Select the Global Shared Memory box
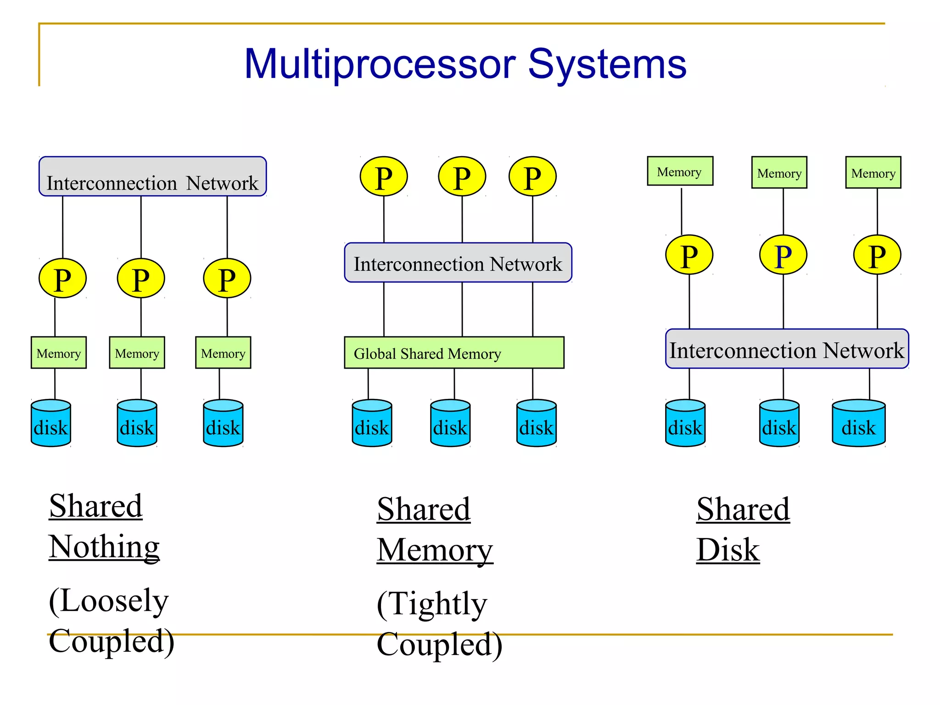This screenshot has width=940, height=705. coord(454,352)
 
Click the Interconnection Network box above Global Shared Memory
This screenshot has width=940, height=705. coord(458,263)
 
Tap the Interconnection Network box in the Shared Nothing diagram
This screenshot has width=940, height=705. coord(152,177)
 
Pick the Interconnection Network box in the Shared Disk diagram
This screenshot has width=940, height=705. coord(787,349)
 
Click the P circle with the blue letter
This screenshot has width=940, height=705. coord(783,255)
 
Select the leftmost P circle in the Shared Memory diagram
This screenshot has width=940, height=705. coord(384,177)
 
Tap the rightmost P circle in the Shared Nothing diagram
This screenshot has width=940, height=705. coord(227,278)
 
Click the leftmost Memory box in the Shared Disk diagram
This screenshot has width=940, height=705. coord(680,171)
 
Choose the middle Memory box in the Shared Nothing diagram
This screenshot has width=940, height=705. coord(137,352)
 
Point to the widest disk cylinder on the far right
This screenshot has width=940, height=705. coord(858,423)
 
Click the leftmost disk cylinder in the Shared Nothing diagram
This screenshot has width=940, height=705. coord(51,423)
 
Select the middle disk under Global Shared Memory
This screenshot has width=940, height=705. coord(450,423)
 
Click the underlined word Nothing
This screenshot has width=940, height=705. coord(104,547)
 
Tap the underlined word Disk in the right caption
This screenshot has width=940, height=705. coord(728,550)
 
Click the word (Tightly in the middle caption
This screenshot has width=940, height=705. coord(432,604)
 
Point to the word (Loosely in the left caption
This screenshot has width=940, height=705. coord(109,600)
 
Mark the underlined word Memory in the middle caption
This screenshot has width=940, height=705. coord(435,550)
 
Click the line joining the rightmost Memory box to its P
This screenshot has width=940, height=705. coord(877,211)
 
